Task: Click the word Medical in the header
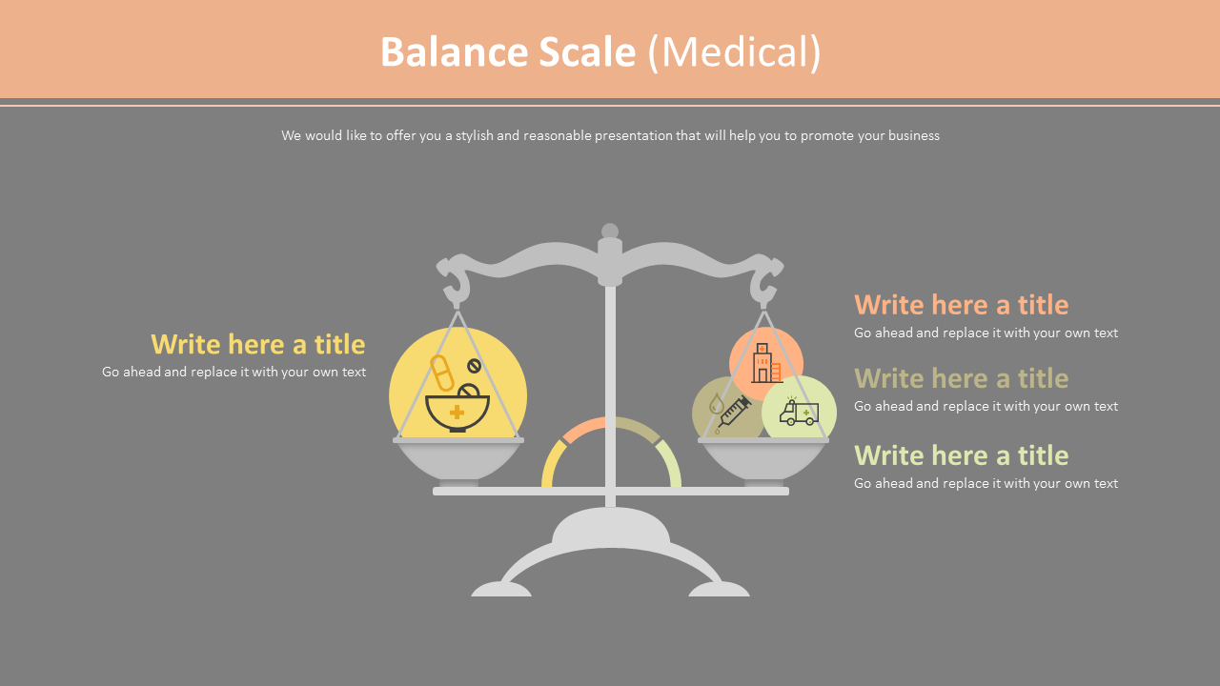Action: (x=734, y=52)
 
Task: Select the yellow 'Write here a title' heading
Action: (x=257, y=344)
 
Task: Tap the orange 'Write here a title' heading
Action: (x=961, y=305)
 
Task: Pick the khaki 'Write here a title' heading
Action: (x=961, y=378)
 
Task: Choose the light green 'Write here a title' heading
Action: (x=961, y=455)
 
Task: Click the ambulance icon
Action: (x=799, y=412)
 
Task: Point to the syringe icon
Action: (x=732, y=414)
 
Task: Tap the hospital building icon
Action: (x=765, y=363)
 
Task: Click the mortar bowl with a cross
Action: (x=457, y=411)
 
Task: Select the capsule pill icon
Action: (x=442, y=373)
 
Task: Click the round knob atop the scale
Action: (x=610, y=232)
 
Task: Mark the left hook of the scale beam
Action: (x=456, y=282)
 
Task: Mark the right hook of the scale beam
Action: (x=764, y=282)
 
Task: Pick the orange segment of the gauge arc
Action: (x=584, y=428)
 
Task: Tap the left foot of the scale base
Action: (x=500, y=590)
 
